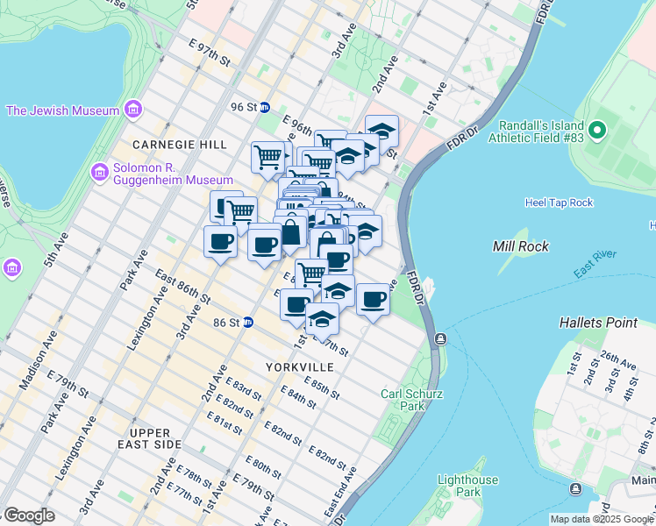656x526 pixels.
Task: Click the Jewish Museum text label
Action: [62, 110]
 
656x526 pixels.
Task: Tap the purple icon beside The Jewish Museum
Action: [132, 110]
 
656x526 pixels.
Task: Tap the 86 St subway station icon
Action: [248, 323]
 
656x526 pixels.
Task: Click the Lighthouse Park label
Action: [467, 486]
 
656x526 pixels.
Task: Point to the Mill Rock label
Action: [521, 246]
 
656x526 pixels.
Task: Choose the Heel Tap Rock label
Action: [559, 203]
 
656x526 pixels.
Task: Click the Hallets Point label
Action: [598, 323]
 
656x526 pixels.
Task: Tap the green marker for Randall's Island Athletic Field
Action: [598, 131]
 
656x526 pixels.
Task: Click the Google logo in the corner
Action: [29, 515]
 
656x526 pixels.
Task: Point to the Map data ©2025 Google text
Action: [602, 519]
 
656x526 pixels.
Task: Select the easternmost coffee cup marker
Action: [373, 300]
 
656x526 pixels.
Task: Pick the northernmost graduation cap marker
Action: [381, 131]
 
